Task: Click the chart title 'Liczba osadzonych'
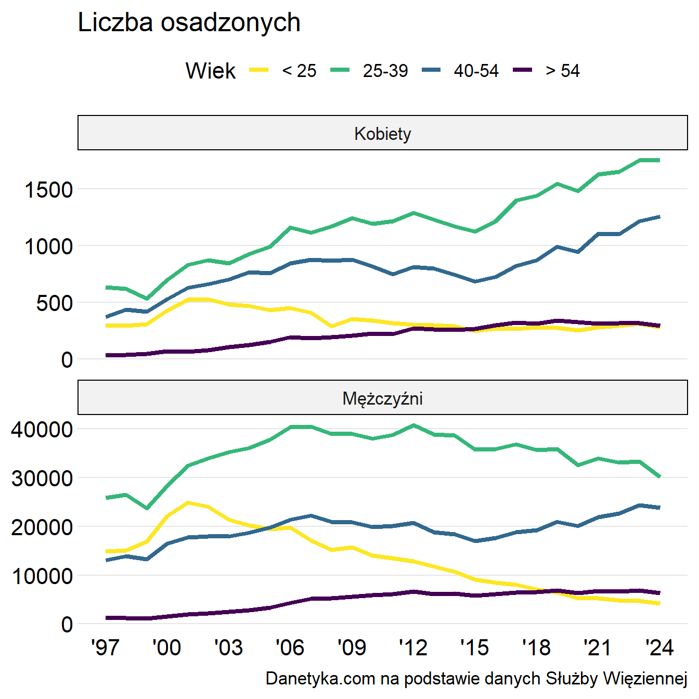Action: tap(189, 23)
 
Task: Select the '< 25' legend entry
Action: tap(299, 71)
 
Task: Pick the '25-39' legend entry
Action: tap(385, 71)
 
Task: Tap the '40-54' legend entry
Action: tap(476, 71)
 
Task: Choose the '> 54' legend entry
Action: tap(562, 71)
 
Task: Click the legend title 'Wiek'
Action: tap(210, 71)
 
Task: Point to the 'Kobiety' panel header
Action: tap(382, 134)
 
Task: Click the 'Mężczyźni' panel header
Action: tap(382, 398)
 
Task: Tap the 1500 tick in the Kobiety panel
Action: tap(49, 190)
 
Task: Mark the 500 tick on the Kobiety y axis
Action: tap(55, 303)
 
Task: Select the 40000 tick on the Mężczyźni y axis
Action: tap(42, 430)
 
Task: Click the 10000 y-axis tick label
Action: tap(42, 576)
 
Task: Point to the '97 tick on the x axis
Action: tap(106, 648)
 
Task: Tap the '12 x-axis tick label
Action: tap(413, 648)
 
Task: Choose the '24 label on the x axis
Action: tap(659, 648)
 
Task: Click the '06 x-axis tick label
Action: tap(290, 648)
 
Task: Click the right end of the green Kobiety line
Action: tap(659, 160)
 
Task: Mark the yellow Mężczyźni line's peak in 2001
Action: tap(188, 502)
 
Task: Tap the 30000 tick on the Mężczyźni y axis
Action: tap(42, 478)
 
